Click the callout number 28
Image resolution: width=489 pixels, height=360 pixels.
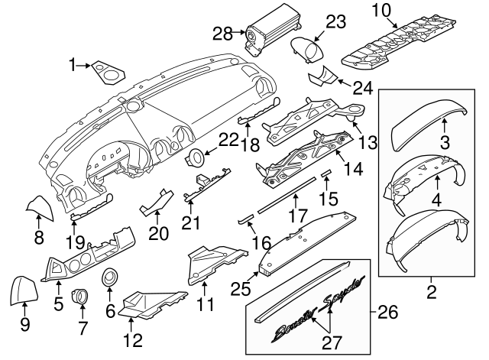coord(222,33)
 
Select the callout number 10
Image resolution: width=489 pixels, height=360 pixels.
coord(380,10)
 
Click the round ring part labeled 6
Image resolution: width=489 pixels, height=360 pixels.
coord(111,277)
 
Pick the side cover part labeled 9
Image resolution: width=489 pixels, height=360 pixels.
coord(23,290)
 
